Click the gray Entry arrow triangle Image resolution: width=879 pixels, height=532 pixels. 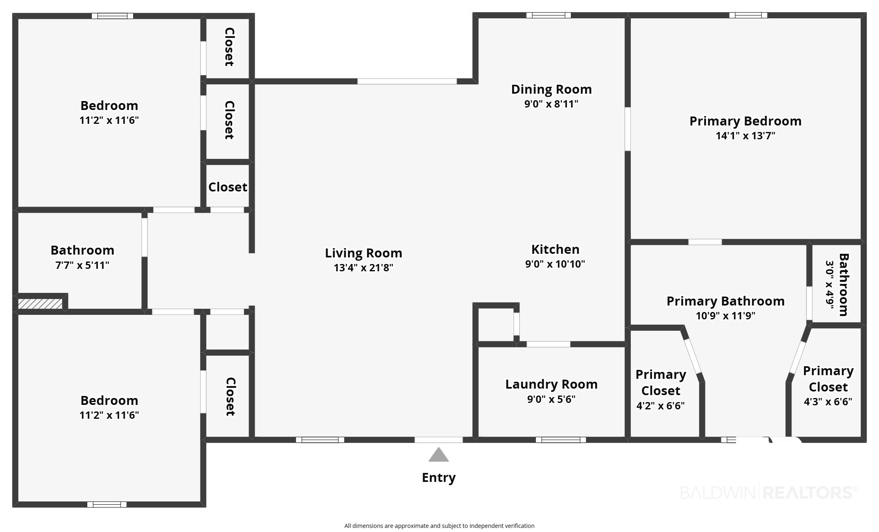[438, 455]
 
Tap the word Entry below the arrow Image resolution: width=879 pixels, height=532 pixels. [438, 477]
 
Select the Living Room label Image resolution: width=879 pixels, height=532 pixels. [363, 253]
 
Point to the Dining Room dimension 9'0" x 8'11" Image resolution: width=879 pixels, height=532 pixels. [551, 104]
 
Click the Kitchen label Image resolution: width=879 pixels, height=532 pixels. [555, 249]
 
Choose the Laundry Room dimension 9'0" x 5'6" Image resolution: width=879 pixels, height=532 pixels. [551, 399]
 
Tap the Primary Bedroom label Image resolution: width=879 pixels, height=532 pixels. [745, 121]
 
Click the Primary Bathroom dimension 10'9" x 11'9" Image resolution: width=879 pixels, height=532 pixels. [725, 316]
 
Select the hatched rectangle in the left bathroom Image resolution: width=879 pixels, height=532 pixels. [40, 304]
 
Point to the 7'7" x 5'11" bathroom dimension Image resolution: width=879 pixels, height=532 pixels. [82, 265]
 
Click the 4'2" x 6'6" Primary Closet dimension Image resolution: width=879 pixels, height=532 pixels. [661, 406]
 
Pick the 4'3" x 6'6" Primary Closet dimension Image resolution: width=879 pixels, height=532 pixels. [828, 402]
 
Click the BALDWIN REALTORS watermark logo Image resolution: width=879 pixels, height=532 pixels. [769, 492]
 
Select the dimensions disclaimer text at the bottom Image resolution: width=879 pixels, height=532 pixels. [439, 526]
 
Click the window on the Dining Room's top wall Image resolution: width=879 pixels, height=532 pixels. [549, 15]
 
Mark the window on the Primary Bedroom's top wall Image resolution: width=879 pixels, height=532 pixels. [748, 15]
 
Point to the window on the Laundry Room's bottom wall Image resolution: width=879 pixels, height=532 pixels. [561, 440]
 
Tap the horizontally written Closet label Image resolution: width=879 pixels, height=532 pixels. [228, 187]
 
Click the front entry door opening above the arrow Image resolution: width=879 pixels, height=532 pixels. [438, 440]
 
